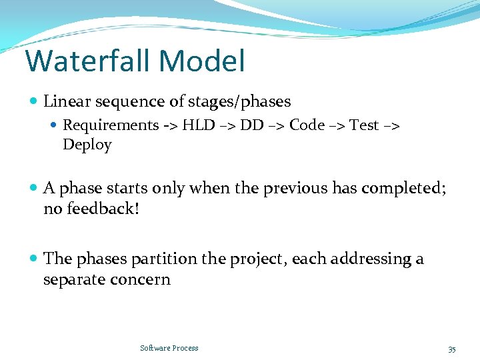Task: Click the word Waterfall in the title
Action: pos(89,61)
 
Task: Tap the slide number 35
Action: pos(451,349)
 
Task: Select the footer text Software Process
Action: pos(169,348)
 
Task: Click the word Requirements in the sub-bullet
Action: pos(111,125)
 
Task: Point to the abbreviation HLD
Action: pos(199,125)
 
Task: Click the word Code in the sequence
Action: pos(307,125)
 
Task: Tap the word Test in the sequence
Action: pos(364,125)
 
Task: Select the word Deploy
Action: pos(87,145)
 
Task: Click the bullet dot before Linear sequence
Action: pos(34,102)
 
